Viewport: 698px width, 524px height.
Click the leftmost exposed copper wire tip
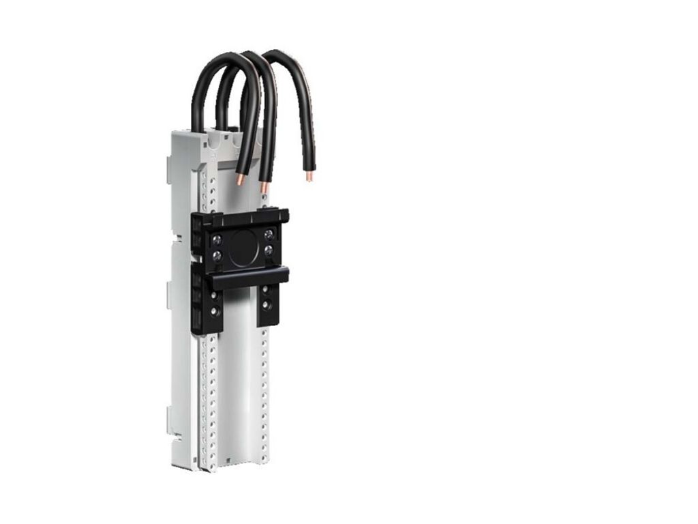[x=239, y=180]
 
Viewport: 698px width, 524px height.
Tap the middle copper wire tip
[x=263, y=186]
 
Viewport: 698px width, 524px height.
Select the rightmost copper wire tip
[x=309, y=176]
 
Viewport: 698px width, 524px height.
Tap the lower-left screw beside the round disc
[x=217, y=256]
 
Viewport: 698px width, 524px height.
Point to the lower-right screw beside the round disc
[x=268, y=252]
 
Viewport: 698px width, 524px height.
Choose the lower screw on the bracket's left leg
[x=216, y=312]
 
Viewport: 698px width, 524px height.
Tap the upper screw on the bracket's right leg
[x=265, y=289]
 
